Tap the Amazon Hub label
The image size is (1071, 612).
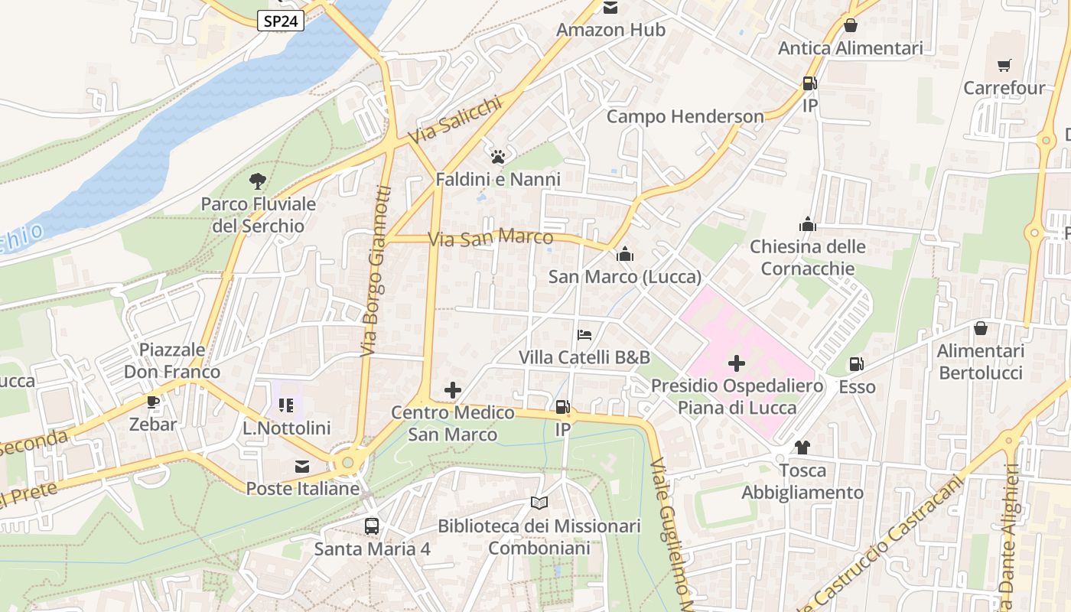pos(610,30)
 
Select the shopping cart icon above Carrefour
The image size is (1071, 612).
pos(1004,66)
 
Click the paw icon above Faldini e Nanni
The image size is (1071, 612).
pos(498,157)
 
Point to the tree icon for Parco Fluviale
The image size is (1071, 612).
pos(258,181)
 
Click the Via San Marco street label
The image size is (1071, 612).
pos(490,238)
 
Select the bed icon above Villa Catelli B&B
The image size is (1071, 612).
pos(584,335)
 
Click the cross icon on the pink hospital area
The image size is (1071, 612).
pos(737,363)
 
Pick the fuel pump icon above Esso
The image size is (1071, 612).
pos(857,365)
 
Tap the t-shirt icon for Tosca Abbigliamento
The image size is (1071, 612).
pos(802,448)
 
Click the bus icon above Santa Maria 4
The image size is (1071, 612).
pos(372,526)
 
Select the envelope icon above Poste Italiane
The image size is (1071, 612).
pos(302,466)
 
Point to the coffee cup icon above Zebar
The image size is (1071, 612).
pos(153,402)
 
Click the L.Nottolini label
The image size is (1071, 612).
pos(286,428)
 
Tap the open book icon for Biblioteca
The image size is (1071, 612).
pos(539,503)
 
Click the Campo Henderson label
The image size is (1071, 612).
pos(685,117)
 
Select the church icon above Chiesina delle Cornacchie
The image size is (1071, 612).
pos(807,224)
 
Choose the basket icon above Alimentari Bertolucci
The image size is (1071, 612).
pos(980,328)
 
